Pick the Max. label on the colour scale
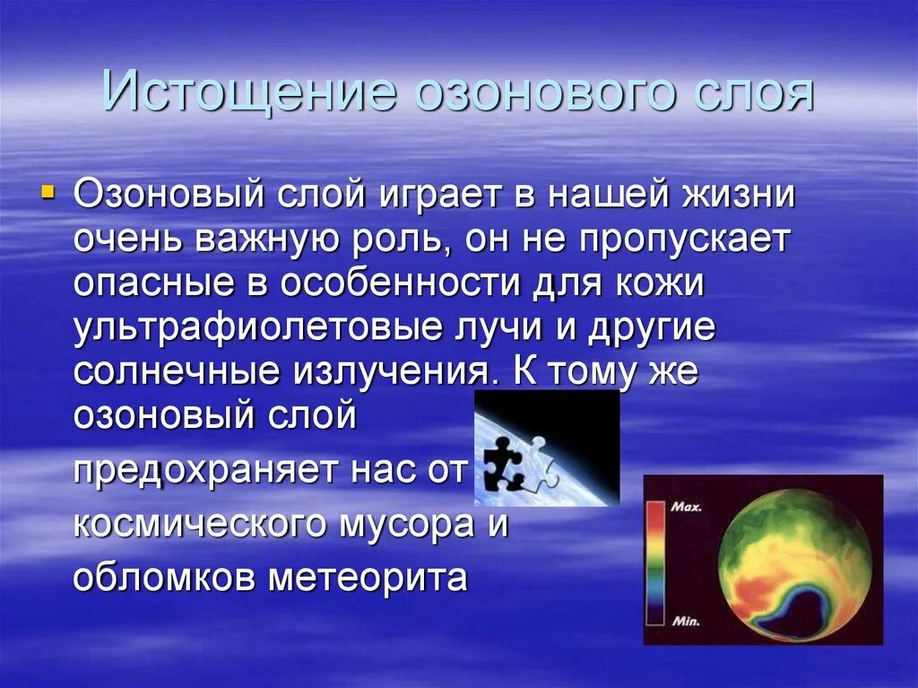tap(687, 507)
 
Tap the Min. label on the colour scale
tap(686, 621)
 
